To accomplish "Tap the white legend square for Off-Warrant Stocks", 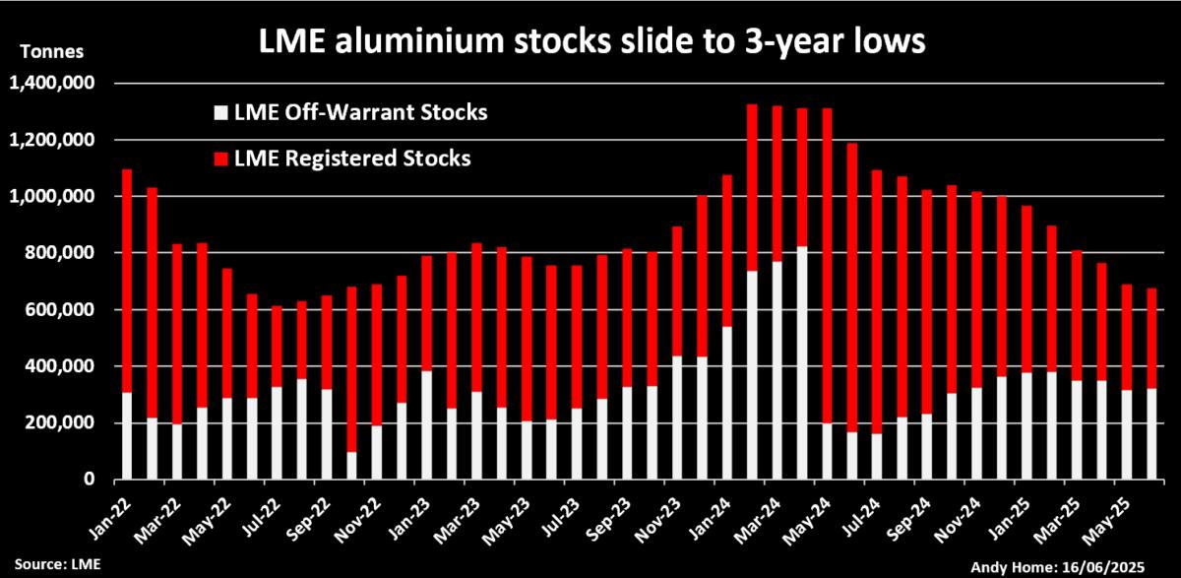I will pos(221,112).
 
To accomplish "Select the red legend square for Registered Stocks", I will pos(221,158).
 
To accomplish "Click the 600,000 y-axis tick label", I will pos(61,310).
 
